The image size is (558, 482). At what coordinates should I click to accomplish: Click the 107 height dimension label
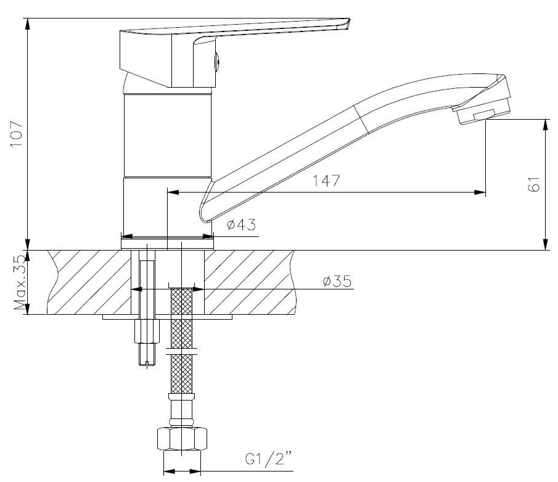click(16, 133)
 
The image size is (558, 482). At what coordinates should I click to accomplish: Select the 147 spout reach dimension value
click(326, 181)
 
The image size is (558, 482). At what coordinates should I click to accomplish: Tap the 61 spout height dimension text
click(534, 184)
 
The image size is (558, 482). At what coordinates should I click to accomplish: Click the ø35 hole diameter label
click(337, 282)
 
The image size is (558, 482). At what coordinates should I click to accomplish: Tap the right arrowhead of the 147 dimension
click(480, 193)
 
